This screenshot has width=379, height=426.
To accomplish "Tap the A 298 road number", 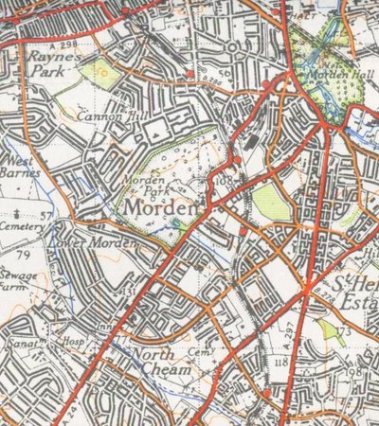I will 66,45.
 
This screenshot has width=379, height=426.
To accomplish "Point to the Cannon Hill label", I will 111,118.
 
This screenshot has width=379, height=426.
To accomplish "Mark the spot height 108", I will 224,179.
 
